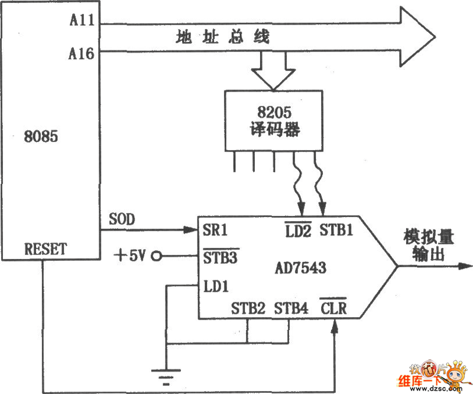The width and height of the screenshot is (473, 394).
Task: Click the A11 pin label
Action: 82,21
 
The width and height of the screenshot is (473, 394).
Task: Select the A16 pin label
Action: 82,54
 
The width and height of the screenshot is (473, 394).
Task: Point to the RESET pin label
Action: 46,248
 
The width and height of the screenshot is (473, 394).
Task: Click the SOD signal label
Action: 122,219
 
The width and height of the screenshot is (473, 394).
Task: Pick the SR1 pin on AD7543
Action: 215,230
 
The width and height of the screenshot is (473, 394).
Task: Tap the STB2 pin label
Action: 248,308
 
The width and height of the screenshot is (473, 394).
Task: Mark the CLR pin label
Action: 333,308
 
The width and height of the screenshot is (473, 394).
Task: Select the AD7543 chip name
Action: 300,268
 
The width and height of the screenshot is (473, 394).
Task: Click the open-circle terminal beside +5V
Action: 156,256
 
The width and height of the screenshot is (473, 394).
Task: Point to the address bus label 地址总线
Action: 223,37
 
